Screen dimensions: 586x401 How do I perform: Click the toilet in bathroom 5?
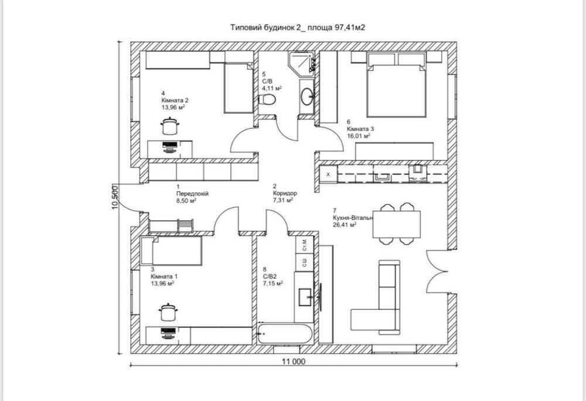pos(267,100)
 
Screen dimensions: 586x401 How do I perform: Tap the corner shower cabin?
pos(301,63)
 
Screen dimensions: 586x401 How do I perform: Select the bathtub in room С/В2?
pos(284,334)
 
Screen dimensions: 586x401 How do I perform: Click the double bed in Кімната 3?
pos(396,90)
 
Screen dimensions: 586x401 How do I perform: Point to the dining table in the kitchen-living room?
pos(396,224)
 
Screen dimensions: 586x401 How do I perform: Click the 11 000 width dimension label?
pos(294,361)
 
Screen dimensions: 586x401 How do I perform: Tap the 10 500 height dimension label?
pos(115,197)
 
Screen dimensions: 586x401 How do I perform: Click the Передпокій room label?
pos(192,194)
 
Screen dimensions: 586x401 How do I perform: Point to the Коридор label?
pos(285,193)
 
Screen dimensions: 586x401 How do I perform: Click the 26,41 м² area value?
pos(344,225)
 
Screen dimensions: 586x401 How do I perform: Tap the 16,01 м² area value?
pos(359,136)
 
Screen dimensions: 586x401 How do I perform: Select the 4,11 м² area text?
pos(272,88)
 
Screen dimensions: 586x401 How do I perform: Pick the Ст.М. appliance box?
pos(304,245)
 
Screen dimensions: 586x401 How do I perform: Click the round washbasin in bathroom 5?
pos(308,97)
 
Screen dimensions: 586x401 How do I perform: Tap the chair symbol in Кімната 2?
pos(170,126)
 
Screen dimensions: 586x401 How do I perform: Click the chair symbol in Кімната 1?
pos(168,312)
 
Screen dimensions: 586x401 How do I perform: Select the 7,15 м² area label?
pos(272,283)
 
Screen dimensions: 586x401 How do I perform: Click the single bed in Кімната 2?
pos(239,88)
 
